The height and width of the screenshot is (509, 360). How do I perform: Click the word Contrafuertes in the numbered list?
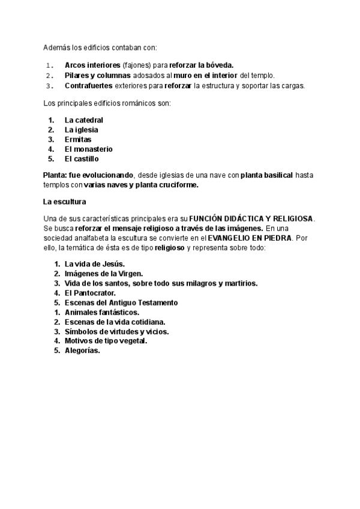(88, 85)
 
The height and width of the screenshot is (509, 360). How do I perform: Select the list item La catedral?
(84, 120)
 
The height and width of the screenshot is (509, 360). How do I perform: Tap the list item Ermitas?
(78, 139)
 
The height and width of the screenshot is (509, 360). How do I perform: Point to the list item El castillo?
(82, 158)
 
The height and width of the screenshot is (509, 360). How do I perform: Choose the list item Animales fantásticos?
(102, 312)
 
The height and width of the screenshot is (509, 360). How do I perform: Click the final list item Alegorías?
(82, 351)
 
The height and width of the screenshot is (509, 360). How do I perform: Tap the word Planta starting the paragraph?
(55, 175)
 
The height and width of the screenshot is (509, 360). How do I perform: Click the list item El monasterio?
(89, 149)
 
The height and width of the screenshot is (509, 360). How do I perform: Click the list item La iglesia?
(82, 130)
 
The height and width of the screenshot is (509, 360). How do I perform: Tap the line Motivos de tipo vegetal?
(106, 341)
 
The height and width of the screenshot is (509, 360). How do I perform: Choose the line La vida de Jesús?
(94, 264)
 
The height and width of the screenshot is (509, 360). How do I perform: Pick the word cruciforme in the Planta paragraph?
(176, 184)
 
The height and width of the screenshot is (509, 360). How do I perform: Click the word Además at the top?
(57, 47)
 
